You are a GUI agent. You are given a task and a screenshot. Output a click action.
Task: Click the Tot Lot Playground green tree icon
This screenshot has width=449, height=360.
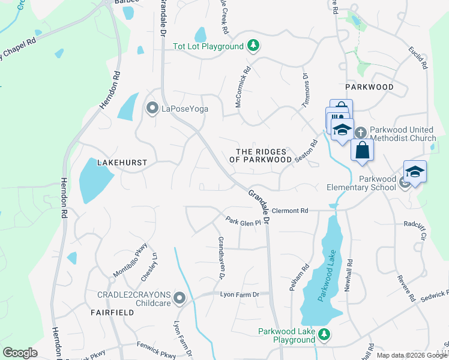tap(254, 46)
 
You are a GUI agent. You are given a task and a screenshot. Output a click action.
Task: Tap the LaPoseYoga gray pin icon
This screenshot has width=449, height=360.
tap(150, 109)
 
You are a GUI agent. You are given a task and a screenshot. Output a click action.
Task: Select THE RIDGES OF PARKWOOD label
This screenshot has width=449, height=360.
tap(261, 155)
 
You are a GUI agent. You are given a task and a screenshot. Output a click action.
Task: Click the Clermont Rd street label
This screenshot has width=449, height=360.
tap(289, 211)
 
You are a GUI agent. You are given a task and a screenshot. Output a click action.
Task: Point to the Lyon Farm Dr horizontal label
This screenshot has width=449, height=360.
tap(239, 294)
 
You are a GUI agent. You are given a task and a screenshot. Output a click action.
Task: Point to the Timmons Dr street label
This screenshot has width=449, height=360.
tap(305, 85)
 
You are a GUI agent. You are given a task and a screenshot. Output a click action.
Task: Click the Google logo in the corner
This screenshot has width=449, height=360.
tap(20, 352)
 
